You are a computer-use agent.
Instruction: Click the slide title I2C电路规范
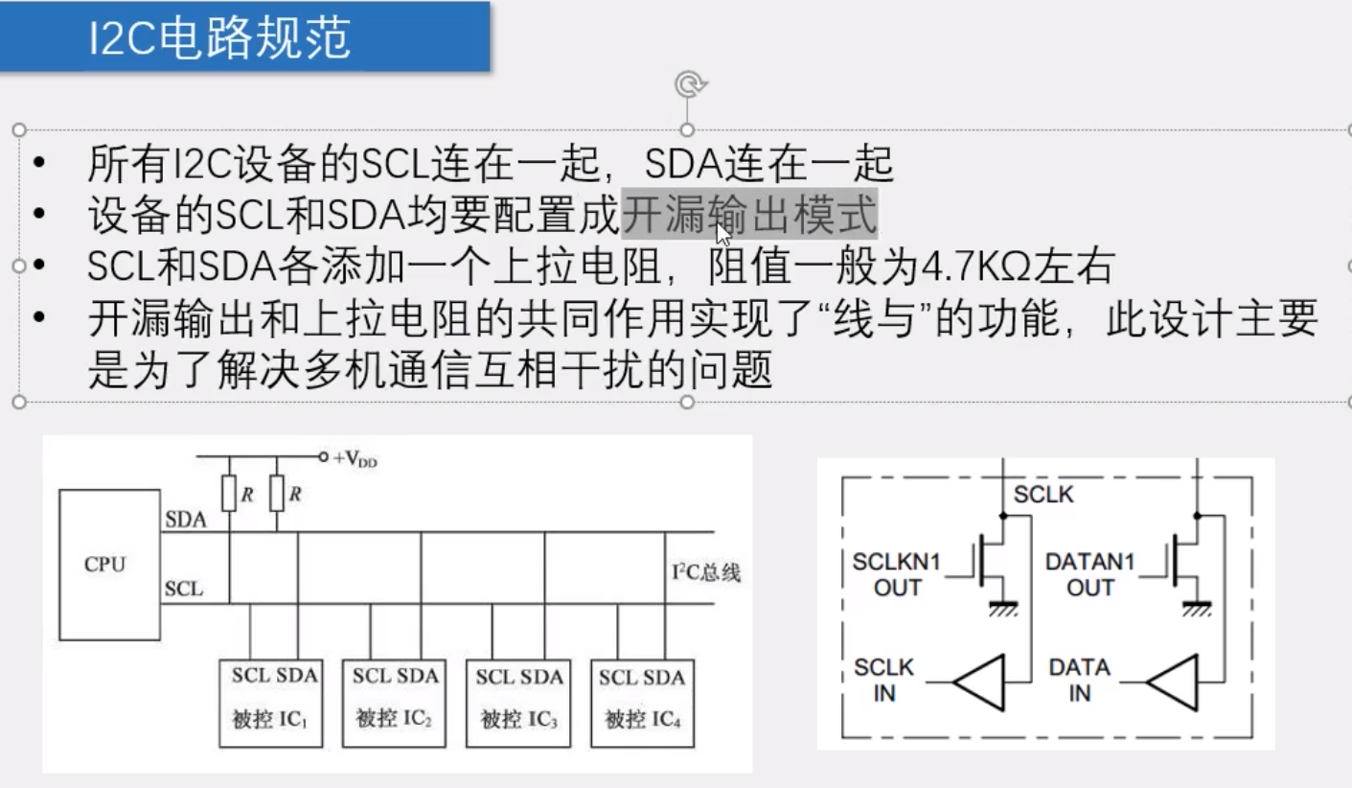pos(219,38)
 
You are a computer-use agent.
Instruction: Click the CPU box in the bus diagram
pos(108,564)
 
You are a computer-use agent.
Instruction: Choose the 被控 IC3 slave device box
pos(517,703)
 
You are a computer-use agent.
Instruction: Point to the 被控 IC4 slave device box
pos(642,703)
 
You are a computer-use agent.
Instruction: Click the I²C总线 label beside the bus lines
pos(706,573)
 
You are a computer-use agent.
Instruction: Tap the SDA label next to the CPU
pos(186,520)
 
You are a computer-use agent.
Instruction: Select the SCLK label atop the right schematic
pos(1043,495)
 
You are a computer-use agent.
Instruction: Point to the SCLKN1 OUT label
pos(897,574)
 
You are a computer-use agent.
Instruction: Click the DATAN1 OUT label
pos(1090,574)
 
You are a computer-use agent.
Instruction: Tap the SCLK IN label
pos(883,680)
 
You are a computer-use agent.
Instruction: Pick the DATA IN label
pos(1079,680)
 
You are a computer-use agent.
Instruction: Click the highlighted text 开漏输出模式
pos(750,215)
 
